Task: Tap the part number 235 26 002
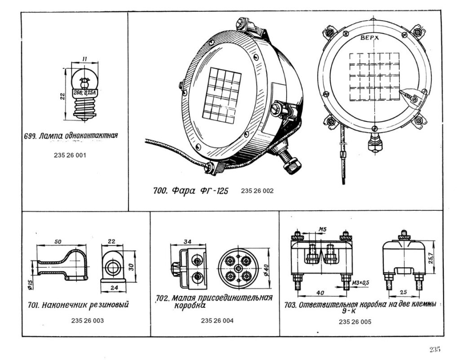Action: click(x=257, y=191)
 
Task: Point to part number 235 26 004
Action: click(x=217, y=321)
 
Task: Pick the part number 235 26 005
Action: click(x=355, y=322)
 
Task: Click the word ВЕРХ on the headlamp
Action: click(x=370, y=38)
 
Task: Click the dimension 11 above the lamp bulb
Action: click(x=85, y=59)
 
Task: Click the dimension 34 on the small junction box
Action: click(x=187, y=243)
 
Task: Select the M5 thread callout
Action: click(x=322, y=230)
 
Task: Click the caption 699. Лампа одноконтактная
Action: click(x=71, y=136)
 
